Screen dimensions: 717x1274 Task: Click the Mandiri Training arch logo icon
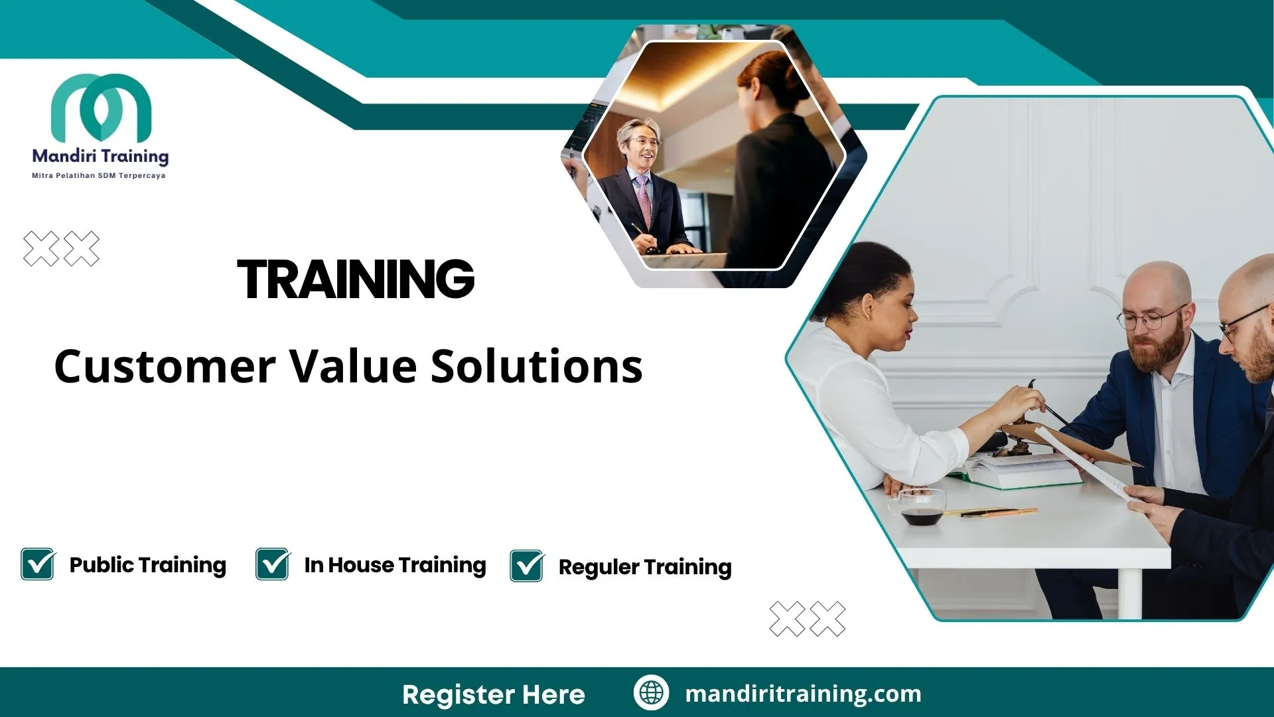pyautogui.click(x=101, y=107)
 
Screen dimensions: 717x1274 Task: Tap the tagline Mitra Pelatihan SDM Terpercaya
pyautogui.click(x=99, y=176)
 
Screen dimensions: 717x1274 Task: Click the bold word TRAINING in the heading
pyautogui.click(x=356, y=279)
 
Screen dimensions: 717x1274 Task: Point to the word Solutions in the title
pyautogui.click(x=537, y=366)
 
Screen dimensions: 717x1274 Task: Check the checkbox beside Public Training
pyautogui.click(x=38, y=564)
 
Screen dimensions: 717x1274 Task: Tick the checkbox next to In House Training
pyautogui.click(x=273, y=564)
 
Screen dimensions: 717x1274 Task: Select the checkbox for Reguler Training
pyautogui.click(x=527, y=566)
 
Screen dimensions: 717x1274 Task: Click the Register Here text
pyautogui.click(x=494, y=694)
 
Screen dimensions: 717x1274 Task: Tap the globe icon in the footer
pyautogui.click(x=651, y=693)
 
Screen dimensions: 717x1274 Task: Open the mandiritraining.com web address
pyautogui.click(x=803, y=694)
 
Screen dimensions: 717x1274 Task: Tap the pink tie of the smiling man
pyautogui.click(x=644, y=202)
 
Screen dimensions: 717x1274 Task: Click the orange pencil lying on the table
pyautogui.click(x=995, y=513)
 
